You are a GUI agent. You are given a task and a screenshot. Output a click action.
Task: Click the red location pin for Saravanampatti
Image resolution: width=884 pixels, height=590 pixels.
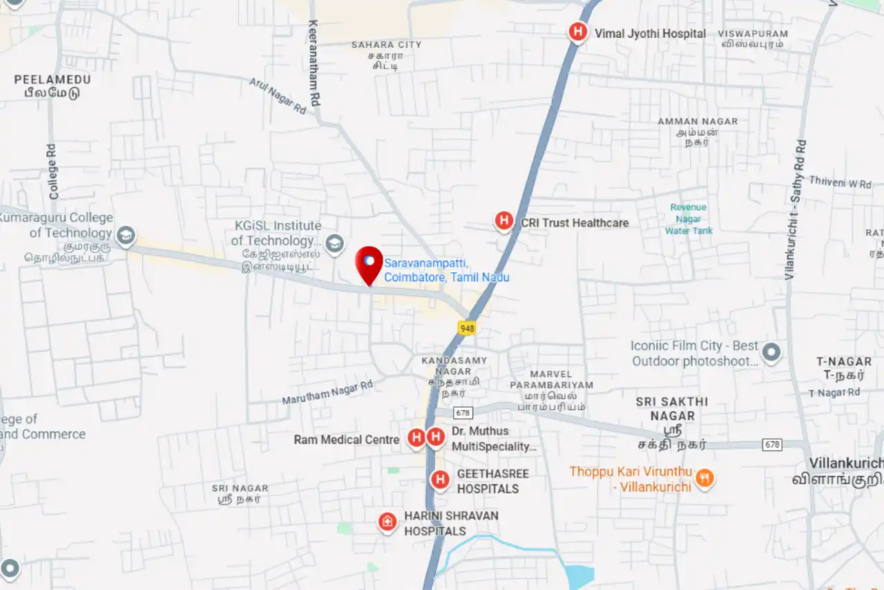click(x=369, y=263)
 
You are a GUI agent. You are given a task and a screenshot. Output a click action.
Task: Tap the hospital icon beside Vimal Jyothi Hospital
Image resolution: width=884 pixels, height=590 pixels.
click(x=577, y=32)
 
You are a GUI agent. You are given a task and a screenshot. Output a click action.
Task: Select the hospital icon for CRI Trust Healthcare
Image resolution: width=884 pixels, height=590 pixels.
click(x=504, y=221)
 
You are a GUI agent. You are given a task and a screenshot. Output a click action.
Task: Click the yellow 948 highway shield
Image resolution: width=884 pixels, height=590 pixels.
click(x=467, y=328)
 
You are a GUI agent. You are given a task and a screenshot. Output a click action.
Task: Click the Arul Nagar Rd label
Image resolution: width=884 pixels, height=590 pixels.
click(x=278, y=96)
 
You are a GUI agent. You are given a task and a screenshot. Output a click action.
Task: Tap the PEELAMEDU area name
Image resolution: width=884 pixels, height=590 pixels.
click(x=52, y=79)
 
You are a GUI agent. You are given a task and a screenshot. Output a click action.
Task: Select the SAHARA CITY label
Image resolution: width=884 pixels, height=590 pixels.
click(x=386, y=45)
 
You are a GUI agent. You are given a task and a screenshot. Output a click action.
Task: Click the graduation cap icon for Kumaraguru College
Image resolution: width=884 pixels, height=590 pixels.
click(x=126, y=236)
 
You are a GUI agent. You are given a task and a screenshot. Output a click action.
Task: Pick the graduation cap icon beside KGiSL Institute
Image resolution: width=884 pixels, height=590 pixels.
click(x=335, y=243)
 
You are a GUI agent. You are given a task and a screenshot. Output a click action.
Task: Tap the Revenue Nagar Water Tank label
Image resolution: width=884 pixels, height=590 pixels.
click(x=689, y=219)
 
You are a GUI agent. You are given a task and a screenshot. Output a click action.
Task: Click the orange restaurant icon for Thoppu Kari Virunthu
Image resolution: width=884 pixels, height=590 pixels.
click(x=704, y=477)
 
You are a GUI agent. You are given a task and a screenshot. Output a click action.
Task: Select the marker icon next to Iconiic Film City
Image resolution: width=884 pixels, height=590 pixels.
click(x=771, y=353)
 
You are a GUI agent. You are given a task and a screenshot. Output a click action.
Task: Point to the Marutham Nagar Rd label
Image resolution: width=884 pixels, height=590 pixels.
click(x=327, y=392)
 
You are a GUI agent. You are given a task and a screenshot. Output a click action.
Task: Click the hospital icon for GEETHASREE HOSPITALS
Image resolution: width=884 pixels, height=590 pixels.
click(x=441, y=479)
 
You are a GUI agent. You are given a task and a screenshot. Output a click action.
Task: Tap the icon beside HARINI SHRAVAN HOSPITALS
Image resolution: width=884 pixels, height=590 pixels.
click(x=387, y=522)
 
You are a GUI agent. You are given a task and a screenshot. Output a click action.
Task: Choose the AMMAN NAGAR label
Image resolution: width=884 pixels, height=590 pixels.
click(x=698, y=122)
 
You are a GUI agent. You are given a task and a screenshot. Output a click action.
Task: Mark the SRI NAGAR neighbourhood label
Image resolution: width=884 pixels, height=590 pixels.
click(x=240, y=488)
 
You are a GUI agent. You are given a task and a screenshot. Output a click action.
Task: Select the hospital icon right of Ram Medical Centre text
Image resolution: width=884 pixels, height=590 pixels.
click(x=416, y=437)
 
